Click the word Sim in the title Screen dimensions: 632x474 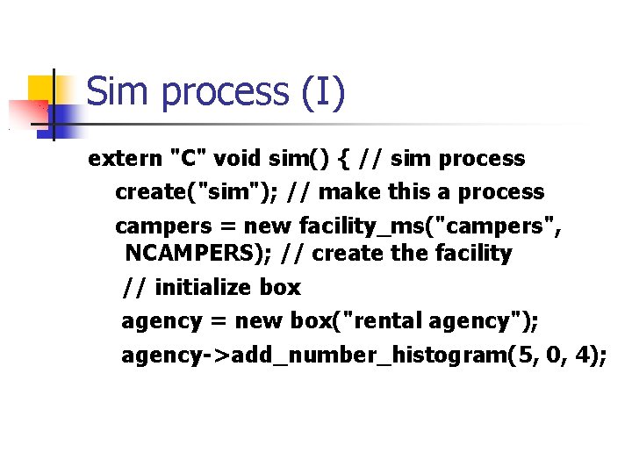[119, 92]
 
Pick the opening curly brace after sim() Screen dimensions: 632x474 [341, 159]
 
